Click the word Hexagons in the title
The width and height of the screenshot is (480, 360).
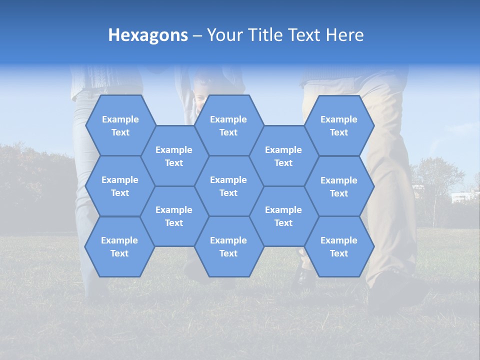[x=148, y=35]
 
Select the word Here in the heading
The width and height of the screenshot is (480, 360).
[x=344, y=35]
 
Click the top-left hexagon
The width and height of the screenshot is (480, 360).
[x=120, y=125]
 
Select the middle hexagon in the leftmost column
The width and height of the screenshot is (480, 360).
[x=120, y=186]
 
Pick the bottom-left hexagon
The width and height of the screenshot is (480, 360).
[x=119, y=246]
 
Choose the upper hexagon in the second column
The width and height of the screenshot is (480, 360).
[x=174, y=156]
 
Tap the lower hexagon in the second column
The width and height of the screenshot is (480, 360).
[x=174, y=216]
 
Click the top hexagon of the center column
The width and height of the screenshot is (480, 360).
[x=228, y=125]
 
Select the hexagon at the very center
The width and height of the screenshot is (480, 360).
[x=228, y=186]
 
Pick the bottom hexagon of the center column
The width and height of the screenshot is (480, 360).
[x=228, y=246]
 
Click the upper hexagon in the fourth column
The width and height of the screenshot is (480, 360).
[x=283, y=156]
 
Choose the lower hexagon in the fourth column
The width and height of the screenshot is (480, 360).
[x=283, y=216]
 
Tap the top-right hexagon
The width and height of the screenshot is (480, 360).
[x=339, y=125]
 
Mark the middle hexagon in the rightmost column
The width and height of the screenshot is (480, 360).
[x=339, y=186]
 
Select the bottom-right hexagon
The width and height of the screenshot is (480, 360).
[x=339, y=246]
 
